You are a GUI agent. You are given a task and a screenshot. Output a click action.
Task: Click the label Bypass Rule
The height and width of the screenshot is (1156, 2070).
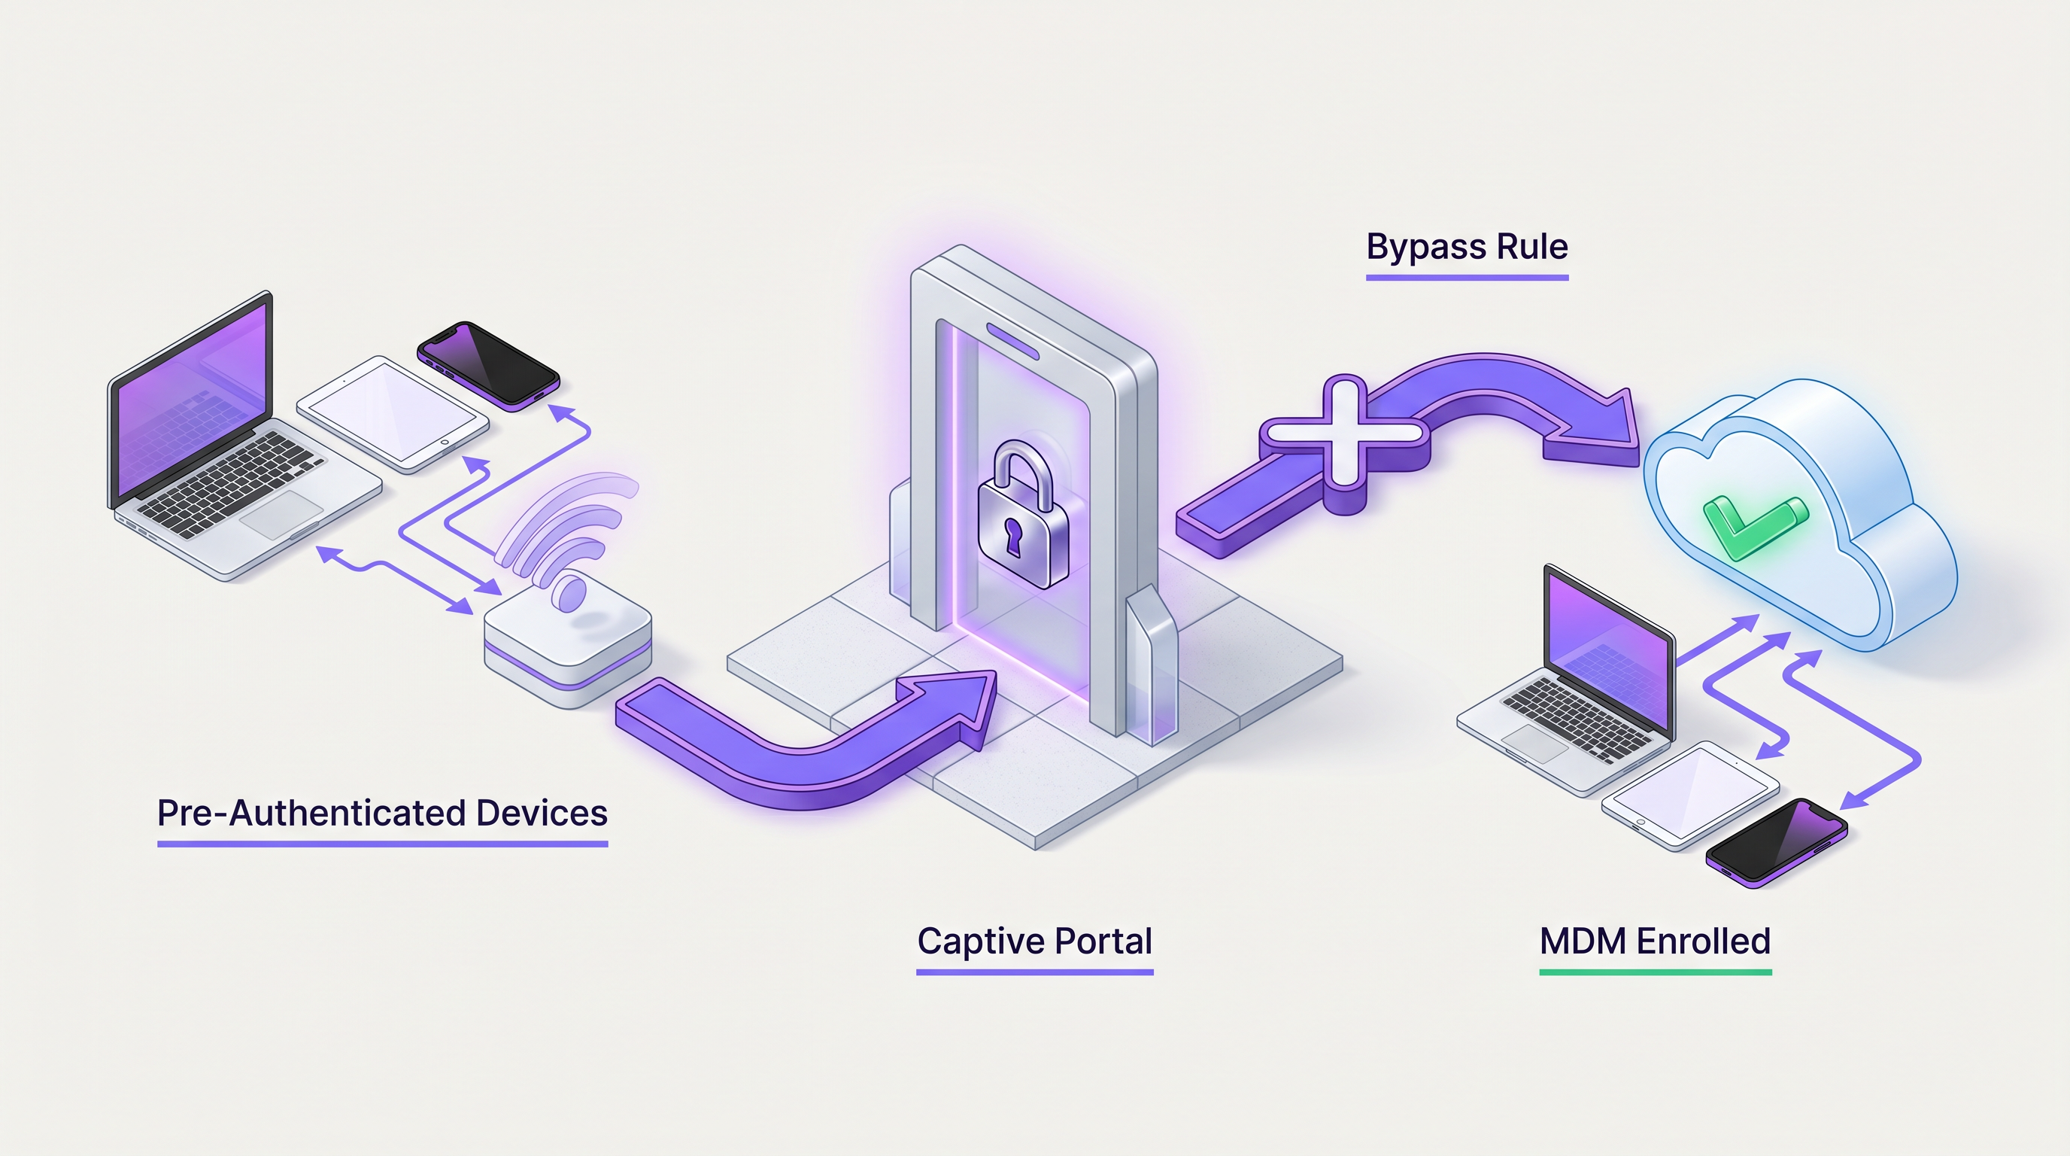point(1467,247)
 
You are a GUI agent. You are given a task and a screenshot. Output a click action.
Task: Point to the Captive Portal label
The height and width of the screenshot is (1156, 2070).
point(1034,941)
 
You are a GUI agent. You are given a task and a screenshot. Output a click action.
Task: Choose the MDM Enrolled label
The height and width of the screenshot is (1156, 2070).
point(1655,941)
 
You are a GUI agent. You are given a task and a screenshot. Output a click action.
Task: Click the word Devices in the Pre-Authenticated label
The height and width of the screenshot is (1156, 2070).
point(542,813)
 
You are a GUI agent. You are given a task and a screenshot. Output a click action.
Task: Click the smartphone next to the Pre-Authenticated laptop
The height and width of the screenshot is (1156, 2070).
point(487,366)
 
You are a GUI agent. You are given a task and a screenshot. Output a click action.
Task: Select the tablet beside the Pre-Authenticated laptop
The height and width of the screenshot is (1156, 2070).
point(393,413)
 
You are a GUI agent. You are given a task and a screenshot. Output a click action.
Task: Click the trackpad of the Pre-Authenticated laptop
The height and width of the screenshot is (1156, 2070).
point(282,515)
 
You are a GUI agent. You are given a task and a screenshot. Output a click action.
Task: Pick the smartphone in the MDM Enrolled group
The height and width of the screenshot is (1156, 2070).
point(1776,842)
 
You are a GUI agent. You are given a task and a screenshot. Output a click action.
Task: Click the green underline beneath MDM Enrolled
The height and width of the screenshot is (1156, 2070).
point(1655,972)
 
